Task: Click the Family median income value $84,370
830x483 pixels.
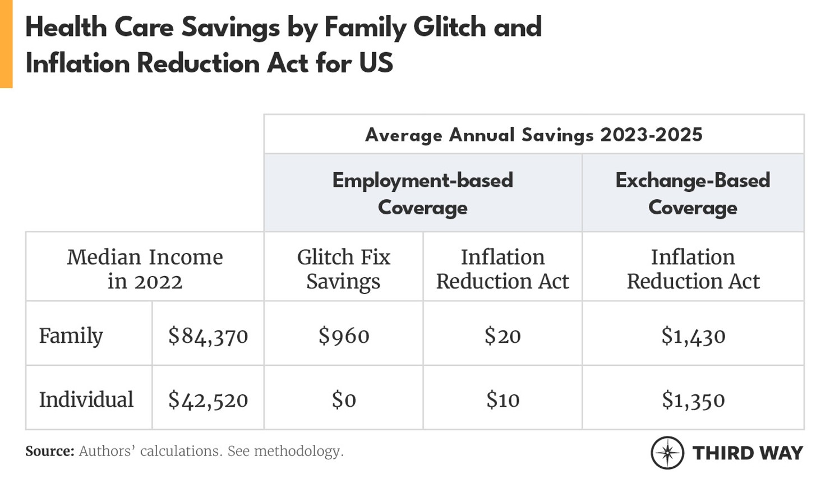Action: [208, 336]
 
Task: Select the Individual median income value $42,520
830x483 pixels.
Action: [208, 400]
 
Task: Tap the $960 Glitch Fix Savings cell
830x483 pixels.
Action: [343, 336]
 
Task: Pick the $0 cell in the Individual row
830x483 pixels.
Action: [343, 400]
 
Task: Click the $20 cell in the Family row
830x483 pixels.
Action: [502, 336]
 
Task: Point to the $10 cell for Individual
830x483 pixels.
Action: [502, 400]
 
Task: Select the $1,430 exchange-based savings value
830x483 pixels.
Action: [693, 336]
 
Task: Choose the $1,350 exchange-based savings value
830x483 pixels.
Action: [693, 400]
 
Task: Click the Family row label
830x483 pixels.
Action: [71, 336]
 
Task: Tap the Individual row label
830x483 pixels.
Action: [86, 400]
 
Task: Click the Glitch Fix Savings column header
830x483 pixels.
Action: [343, 269]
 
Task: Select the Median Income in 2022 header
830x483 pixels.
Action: [145, 269]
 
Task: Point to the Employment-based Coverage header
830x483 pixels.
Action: [422, 194]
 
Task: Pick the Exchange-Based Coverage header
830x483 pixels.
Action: [693, 194]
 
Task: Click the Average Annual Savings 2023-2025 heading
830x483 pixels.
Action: [533, 135]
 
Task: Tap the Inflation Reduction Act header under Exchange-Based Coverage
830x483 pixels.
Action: [693, 269]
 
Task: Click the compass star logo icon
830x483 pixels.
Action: [667, 452]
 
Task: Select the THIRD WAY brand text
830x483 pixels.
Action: [748, 453]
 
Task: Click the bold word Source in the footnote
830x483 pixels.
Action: [49, 451]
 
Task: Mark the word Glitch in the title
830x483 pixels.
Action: [449, 27]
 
